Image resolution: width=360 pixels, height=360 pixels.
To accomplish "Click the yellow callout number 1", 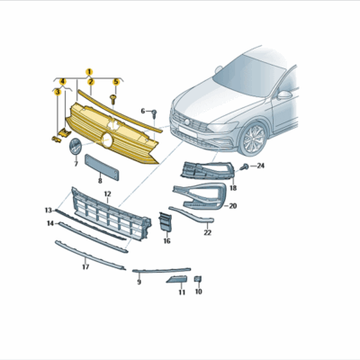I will coord(89,70).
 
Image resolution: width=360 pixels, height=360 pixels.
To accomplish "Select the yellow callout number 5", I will coord(114,82).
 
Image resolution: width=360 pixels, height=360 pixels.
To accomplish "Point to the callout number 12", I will coord(107,194).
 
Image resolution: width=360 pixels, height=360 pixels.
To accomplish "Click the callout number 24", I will coord(260,166).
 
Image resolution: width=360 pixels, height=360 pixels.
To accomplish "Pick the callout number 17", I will coord(85,266).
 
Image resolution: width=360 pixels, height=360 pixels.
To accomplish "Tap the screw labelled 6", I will coord(154,112).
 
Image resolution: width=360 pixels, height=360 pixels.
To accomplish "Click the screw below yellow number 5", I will coord(114,94).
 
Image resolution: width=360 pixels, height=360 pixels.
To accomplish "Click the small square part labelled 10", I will coord(198,280).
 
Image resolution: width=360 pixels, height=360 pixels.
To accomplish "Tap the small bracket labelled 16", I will coord(165,224).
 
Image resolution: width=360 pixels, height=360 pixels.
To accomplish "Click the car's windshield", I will coord(251,71).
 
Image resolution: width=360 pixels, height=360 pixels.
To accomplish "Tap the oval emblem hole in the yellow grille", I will coord(107,140).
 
